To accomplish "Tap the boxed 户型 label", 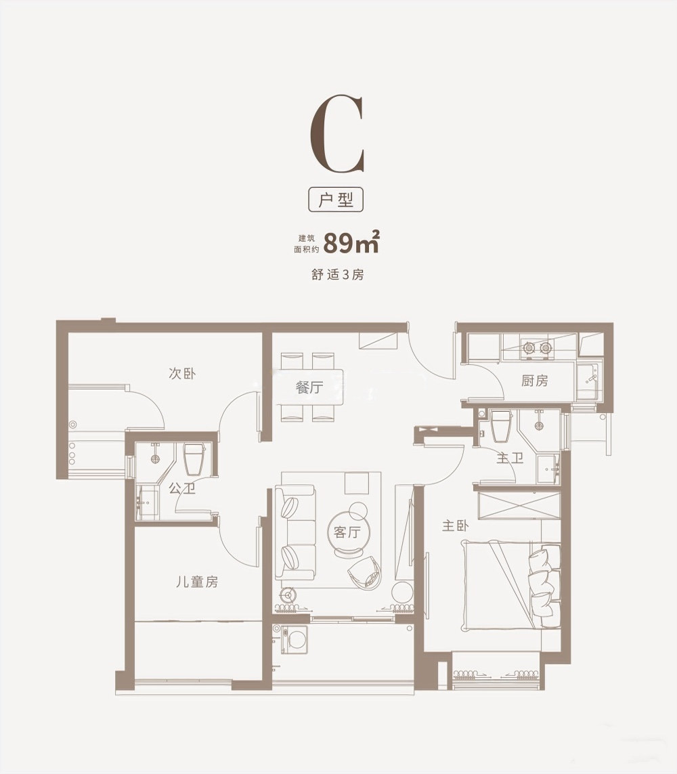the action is coord(336,200).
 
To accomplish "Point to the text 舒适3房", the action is coord(338,274).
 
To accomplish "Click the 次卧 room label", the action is coord(182,373).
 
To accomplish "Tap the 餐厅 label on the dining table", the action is coord(309,387).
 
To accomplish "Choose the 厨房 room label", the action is coord(534,380).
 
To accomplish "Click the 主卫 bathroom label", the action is coord(509,458).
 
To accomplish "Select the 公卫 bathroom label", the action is coord(182,489).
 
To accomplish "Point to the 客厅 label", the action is coord(347,532).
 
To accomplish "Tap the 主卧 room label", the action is coord(455,525).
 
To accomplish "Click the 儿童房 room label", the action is coord(197,582).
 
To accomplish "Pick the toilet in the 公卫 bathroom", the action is coord(194,458).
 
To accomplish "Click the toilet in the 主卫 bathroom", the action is coord(502,425).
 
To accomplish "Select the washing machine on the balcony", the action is coord(294,640).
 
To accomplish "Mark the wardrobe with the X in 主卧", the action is coord(519,505).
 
